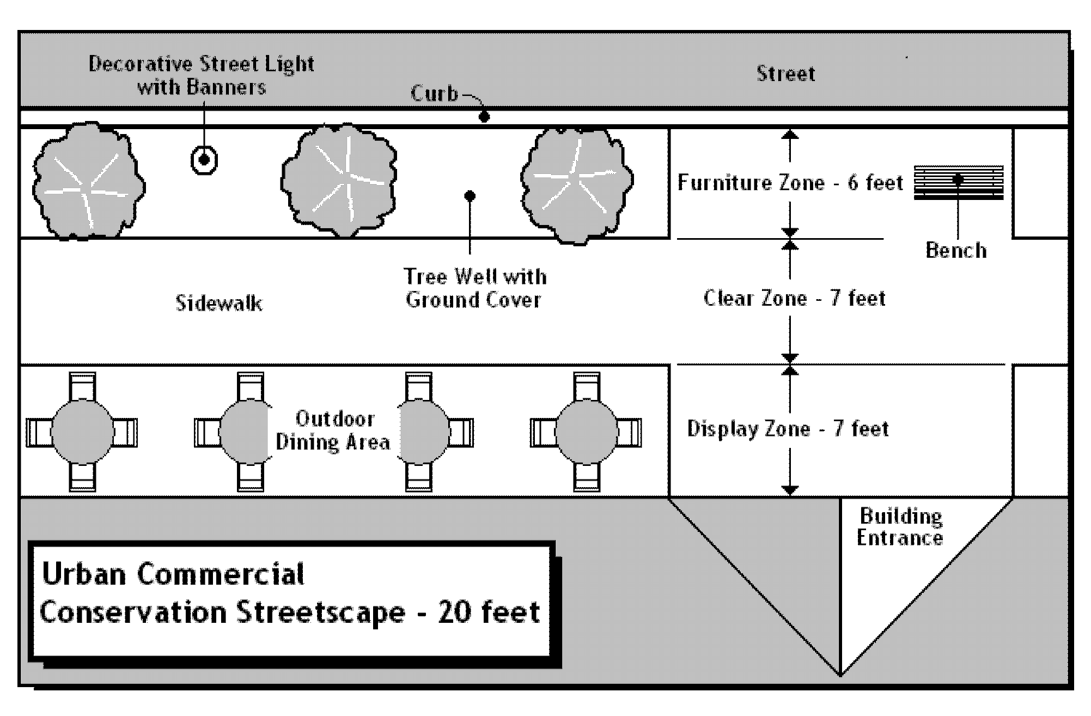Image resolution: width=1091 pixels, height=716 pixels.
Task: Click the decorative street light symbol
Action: click(204, 160)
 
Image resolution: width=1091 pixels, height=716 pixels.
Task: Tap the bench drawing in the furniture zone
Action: click(958, 183)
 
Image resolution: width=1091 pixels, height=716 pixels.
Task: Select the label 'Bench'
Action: click(956, 250)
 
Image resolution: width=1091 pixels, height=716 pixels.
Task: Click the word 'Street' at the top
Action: click(785, 74)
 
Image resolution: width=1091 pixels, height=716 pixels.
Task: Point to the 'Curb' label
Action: click(434, 94)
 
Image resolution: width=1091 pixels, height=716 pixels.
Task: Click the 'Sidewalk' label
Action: click(219, 303)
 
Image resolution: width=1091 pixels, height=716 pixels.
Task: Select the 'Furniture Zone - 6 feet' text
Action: click(790, 183)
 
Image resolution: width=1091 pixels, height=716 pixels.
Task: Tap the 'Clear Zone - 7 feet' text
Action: click(795, 298)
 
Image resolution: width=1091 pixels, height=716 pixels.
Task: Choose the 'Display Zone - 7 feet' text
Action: click(788, 429)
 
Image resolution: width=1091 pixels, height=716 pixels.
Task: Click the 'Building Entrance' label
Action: click(900, 527)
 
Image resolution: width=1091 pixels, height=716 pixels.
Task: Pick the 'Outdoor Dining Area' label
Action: click(333, 430)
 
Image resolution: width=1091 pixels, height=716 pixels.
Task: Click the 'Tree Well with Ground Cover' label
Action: click(474, 288)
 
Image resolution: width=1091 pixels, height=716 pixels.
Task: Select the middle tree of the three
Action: click(339, 180)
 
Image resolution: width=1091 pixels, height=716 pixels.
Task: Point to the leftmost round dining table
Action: click(82, 432)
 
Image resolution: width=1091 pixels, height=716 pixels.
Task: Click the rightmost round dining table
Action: click(586, 432)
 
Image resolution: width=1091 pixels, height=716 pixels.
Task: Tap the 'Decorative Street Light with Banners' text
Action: click(202, 76)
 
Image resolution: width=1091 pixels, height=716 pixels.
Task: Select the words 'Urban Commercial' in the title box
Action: click(173, 574)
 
